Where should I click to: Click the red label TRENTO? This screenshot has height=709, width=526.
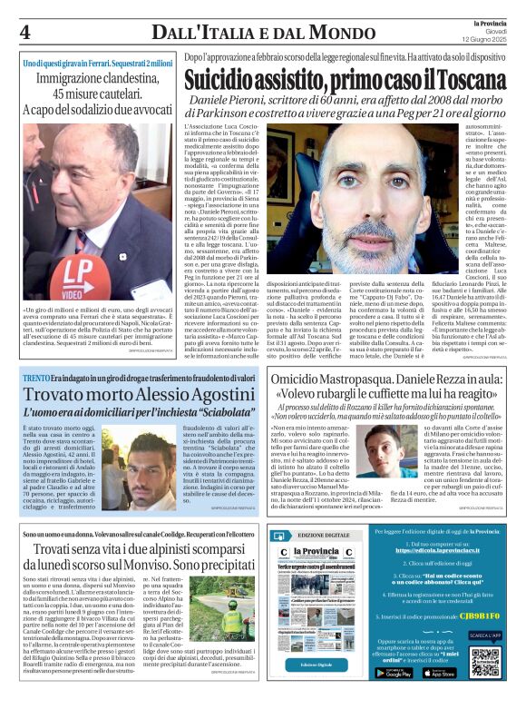(35, 377)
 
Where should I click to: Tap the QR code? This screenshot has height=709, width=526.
(485, 662)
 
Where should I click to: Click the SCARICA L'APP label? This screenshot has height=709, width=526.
(484, 635)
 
